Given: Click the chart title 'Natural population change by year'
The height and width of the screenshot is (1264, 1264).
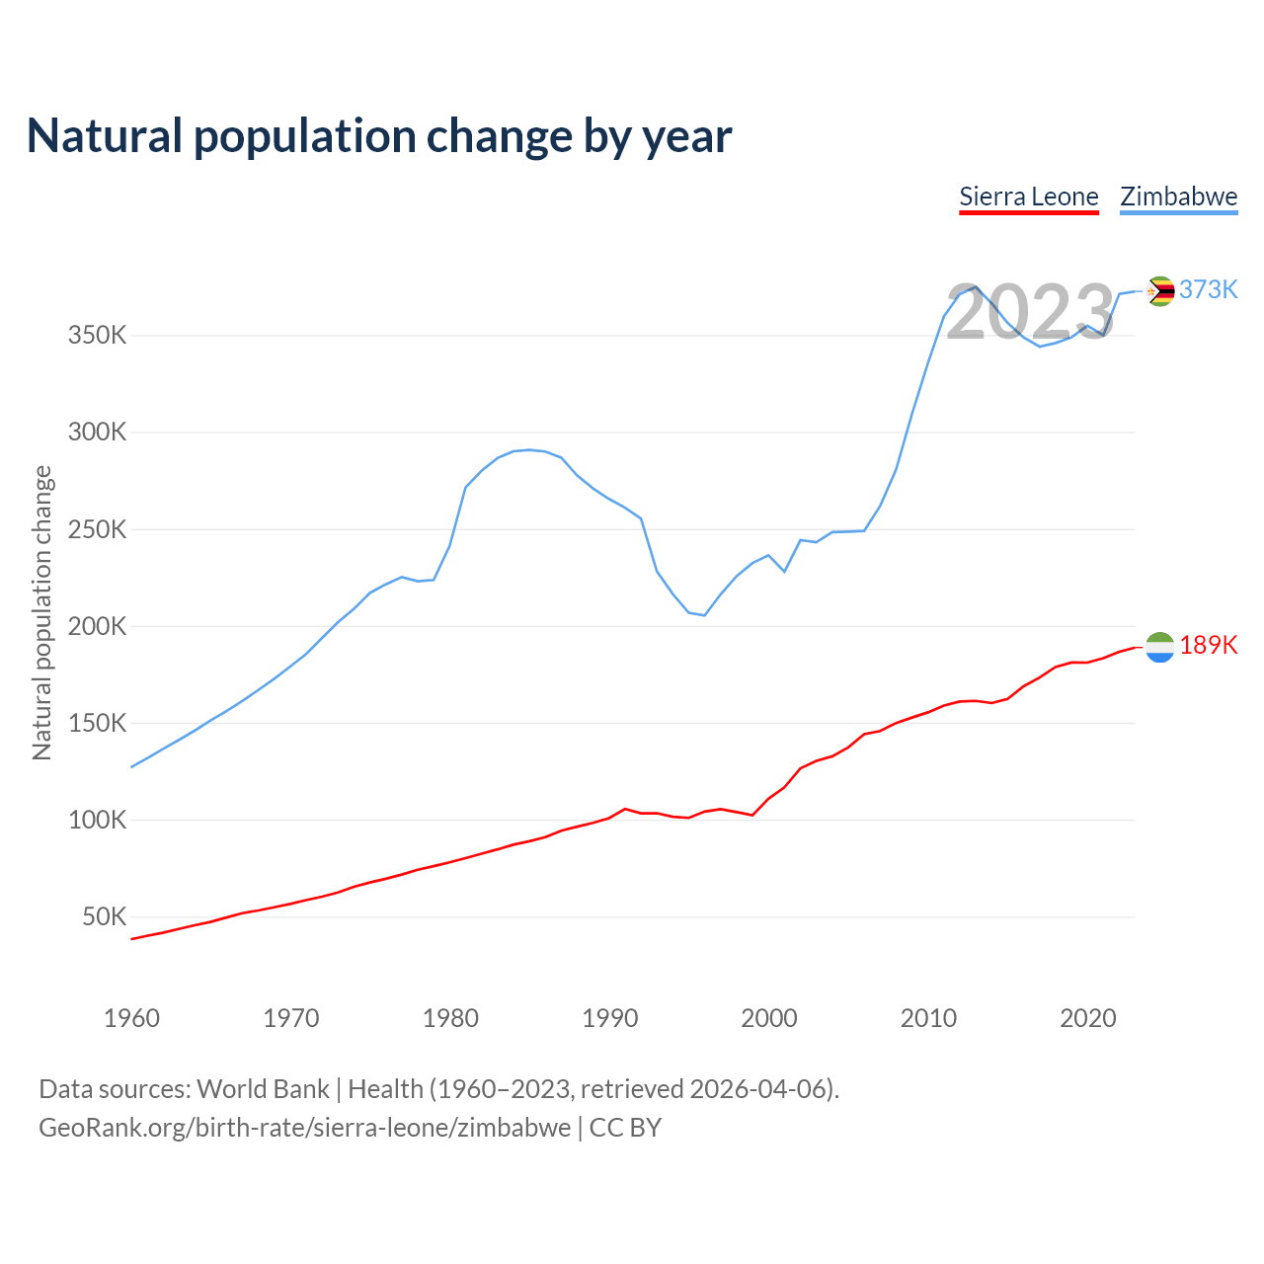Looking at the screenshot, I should tap(379, 136).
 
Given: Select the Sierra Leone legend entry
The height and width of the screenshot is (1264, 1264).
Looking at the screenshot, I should tap(1029, 197).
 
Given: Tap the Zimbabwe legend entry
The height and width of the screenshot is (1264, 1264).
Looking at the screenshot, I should tap(1178, 197).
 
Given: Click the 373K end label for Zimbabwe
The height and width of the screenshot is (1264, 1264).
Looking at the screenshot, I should tap(1208, 289).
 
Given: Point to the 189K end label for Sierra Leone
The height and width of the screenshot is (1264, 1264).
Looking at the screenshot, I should tap(1208, 645).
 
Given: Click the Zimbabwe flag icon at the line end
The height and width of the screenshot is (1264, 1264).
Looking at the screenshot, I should tap(1160, 290).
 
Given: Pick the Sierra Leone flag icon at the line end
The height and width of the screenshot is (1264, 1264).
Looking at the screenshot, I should tap(1160, 647).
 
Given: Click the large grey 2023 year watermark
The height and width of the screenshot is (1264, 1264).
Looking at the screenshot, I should tap(1030, 313).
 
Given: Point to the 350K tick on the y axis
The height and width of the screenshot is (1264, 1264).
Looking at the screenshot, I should tap(97, 336).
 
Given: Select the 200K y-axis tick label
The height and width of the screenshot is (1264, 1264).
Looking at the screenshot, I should tap(97, 626).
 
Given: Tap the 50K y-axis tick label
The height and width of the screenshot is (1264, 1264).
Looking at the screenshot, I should tap(104, 917).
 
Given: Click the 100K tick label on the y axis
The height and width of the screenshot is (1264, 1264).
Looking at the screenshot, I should tap(97, 821).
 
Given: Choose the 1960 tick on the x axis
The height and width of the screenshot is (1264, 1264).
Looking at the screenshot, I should tap(131, 1018).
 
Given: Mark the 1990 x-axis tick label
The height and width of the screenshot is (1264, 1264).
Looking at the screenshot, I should tap(610, 1018).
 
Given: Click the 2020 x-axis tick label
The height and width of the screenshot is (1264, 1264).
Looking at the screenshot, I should tap(1088, 1018).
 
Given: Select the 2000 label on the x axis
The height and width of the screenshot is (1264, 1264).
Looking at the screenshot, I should tap(769, 1018).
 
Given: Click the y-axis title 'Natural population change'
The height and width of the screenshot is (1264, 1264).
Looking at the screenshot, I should tap(41, 612).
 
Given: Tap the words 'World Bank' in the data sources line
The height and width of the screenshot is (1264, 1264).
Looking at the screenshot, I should tap(263, 1089).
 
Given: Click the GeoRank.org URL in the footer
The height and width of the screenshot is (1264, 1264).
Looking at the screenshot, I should tap(304, 1128).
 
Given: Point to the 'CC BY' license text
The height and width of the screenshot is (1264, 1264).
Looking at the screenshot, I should tap(625, 1128).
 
